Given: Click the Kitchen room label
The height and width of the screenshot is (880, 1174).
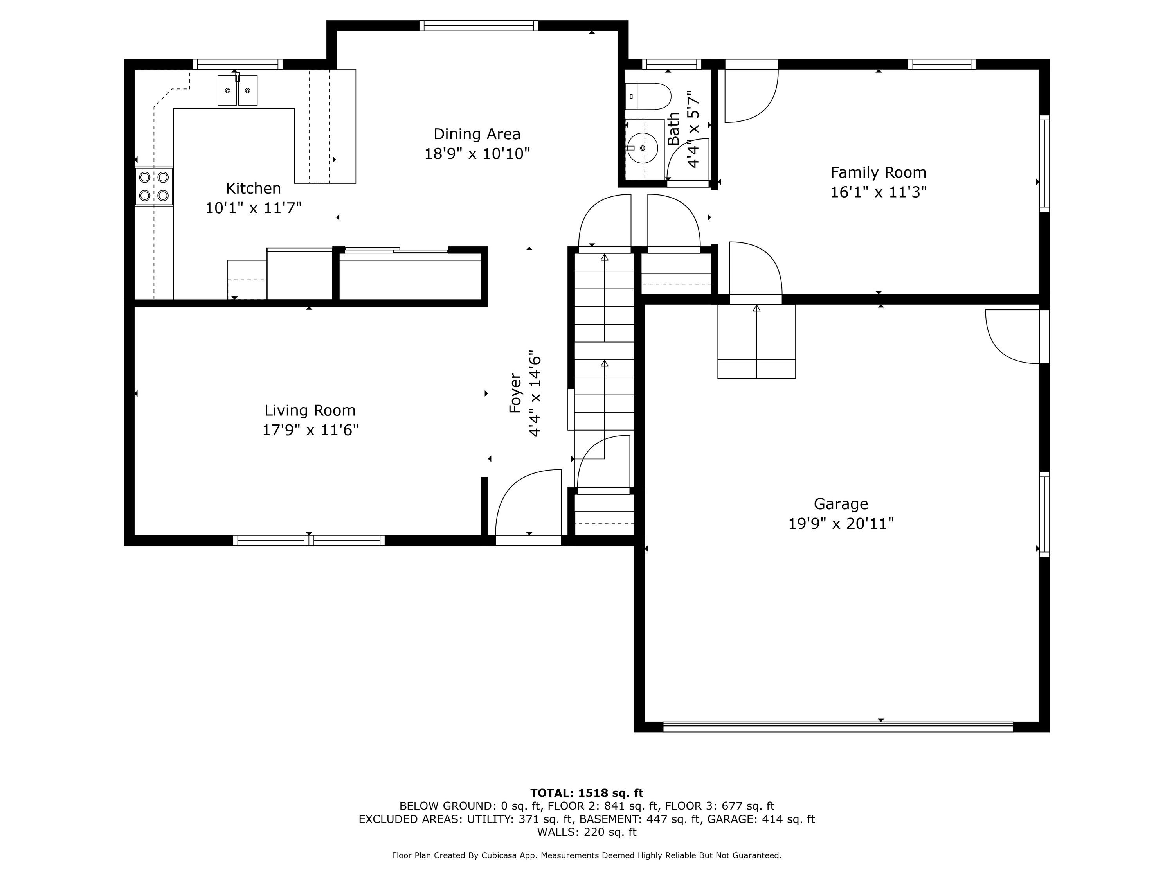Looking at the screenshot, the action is pos(253,188).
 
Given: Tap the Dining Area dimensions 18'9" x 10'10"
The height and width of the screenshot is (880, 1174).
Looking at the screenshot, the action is pos(477,154).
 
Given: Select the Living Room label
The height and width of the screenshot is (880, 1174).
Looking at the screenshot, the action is pos(310,411).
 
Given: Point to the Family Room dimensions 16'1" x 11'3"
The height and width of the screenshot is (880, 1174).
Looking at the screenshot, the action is pos(879,192).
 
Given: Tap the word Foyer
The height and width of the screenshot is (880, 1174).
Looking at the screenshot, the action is pos(516,393).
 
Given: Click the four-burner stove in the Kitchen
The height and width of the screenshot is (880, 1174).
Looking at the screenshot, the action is pos(154,186).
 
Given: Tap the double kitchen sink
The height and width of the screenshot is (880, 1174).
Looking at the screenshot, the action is pos(237,90).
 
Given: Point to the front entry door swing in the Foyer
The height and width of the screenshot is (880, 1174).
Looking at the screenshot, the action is pos(528,504).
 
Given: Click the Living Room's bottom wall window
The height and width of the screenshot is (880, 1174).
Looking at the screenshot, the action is pos(309,541).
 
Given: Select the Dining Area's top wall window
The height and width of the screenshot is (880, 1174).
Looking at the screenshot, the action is pos(479,25).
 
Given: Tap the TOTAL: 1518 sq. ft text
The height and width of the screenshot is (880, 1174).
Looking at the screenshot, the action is pos(587,793).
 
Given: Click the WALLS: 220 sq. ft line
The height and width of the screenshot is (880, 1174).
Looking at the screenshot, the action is pos(587,832).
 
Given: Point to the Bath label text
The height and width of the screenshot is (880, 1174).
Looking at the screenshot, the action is pos(673,128).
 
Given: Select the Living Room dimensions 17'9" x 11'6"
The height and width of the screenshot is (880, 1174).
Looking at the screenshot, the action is pos(310,430).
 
